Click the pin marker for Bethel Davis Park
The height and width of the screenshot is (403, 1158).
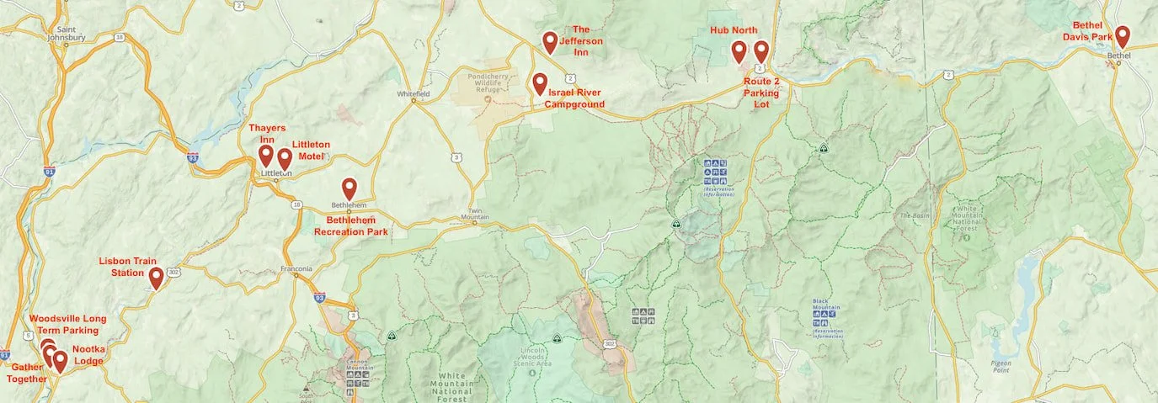pos(1122,36)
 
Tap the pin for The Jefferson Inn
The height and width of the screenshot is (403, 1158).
pos(550,41)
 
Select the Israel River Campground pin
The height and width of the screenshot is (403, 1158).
pos(539,83)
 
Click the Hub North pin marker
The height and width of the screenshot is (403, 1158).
pos(739,51)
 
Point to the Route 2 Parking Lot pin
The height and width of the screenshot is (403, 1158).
pos(760,51)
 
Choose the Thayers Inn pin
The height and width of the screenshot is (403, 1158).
pos(265,156)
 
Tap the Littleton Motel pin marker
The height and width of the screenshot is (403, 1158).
pos(285,158)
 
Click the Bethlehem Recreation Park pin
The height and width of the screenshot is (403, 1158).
pos(349,188)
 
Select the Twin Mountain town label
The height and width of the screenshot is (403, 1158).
pos(476,215)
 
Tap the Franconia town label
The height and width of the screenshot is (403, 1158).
pos(296,269)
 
